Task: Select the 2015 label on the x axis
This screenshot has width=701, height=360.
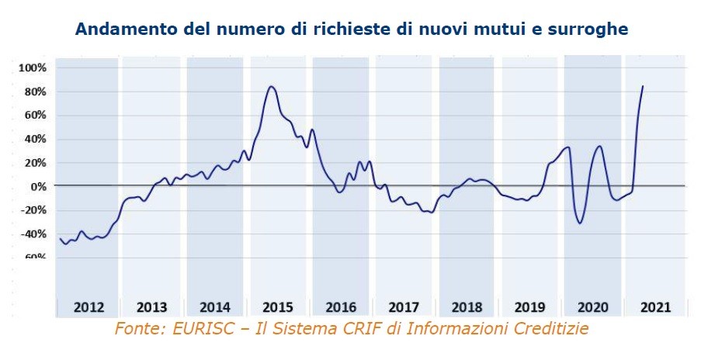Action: tap(278, 306)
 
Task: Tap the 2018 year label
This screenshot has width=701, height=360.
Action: tap(467, 306)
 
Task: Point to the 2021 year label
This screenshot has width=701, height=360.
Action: tap(657, 306)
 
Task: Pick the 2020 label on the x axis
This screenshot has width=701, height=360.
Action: tap(593, 306)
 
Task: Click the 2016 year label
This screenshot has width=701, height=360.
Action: tap(341, 306)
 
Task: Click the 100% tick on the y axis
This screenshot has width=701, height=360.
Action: tap(33, 68)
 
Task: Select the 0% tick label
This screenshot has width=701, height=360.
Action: tap(38, 187)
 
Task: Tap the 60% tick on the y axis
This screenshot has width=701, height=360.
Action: tap(36, 116)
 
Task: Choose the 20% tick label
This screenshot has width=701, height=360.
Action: tap(36, 163)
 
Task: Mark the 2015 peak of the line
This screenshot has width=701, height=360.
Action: tap(271, 86)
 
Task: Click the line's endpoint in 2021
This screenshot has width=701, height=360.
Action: tap(643, 86)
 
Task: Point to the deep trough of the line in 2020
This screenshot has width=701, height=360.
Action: tap(580, 223)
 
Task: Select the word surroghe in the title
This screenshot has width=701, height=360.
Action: tap(592, 29)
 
